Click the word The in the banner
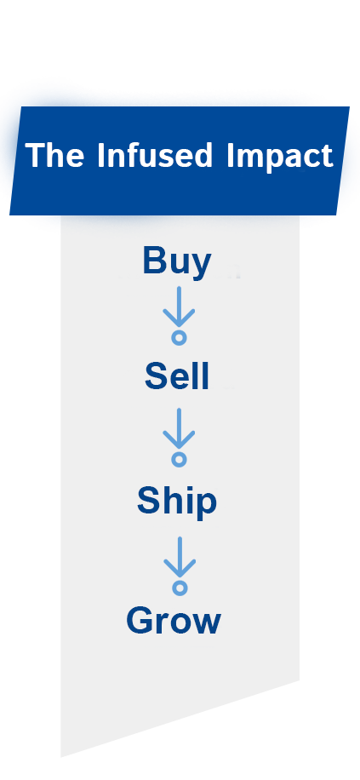point(54,155)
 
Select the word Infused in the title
point(155,155)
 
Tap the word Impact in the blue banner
point(280,158)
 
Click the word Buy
point(176,262)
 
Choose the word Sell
point(177,376)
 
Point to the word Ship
point(177,502)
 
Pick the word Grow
point(174,620)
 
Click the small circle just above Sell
point(179,338)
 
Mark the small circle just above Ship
point(179,459)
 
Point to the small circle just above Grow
point(180,588)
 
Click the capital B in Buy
point(155,261)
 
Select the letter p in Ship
point(206,507)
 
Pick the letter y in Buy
point(201,267)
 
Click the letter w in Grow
point(205,624)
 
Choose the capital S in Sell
point(156,376)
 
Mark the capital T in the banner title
point(34,155)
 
